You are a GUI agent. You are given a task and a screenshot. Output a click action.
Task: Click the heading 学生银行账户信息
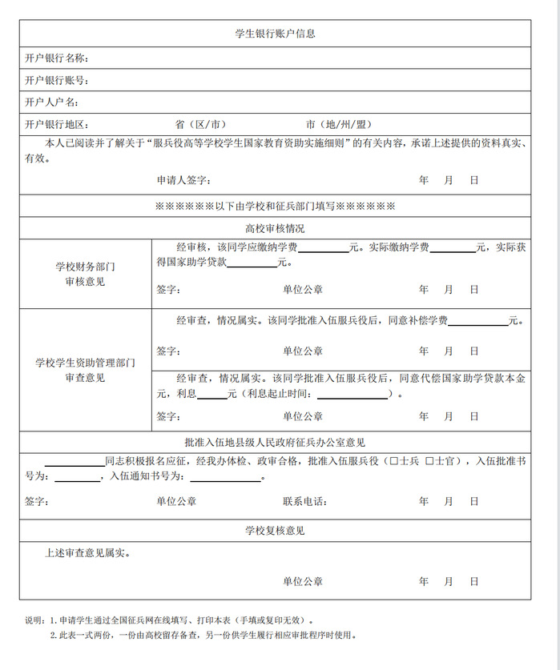pos(275,34)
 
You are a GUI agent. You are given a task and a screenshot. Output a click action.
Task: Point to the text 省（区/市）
pos(200,125)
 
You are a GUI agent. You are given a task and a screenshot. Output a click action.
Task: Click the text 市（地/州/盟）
pos(339,125)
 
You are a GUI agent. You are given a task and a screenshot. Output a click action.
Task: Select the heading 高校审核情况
pos(275,228)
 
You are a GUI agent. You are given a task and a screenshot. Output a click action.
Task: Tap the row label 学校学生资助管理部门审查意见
pos(85,370)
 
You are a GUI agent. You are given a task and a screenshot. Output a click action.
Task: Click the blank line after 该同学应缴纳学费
pos(324,250)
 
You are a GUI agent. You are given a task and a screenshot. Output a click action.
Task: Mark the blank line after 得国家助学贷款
pos(252,264)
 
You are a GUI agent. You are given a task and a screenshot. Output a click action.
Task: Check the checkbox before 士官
pos(429,461)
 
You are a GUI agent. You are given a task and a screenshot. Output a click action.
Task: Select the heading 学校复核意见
pos(275,531)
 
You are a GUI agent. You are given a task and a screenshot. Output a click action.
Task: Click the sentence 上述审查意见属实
pos(88,552)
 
